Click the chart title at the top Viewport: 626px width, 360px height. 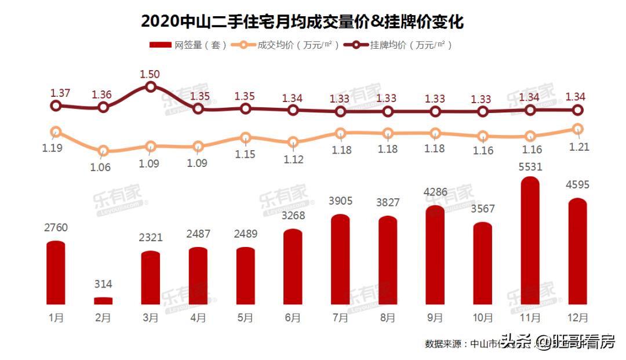[302, 22]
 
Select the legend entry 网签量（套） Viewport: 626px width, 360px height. [189, 45]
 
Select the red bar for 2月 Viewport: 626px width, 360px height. [103, 301]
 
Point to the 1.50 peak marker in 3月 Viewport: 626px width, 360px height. [151, 87]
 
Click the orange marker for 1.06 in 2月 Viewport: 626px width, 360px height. [103, 152]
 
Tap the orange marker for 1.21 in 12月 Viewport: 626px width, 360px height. [578, 129]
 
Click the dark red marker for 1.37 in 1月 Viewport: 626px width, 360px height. [56, 106]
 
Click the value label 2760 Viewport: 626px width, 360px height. [56, 228]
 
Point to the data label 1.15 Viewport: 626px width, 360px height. [245, 155]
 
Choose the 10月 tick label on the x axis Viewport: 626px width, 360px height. [483, 318]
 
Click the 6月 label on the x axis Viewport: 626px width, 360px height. [293, 318]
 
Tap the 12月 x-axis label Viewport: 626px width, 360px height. [578, 318]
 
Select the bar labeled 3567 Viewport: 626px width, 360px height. [483, 264]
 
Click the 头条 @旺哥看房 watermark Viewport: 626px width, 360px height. [558, 342]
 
